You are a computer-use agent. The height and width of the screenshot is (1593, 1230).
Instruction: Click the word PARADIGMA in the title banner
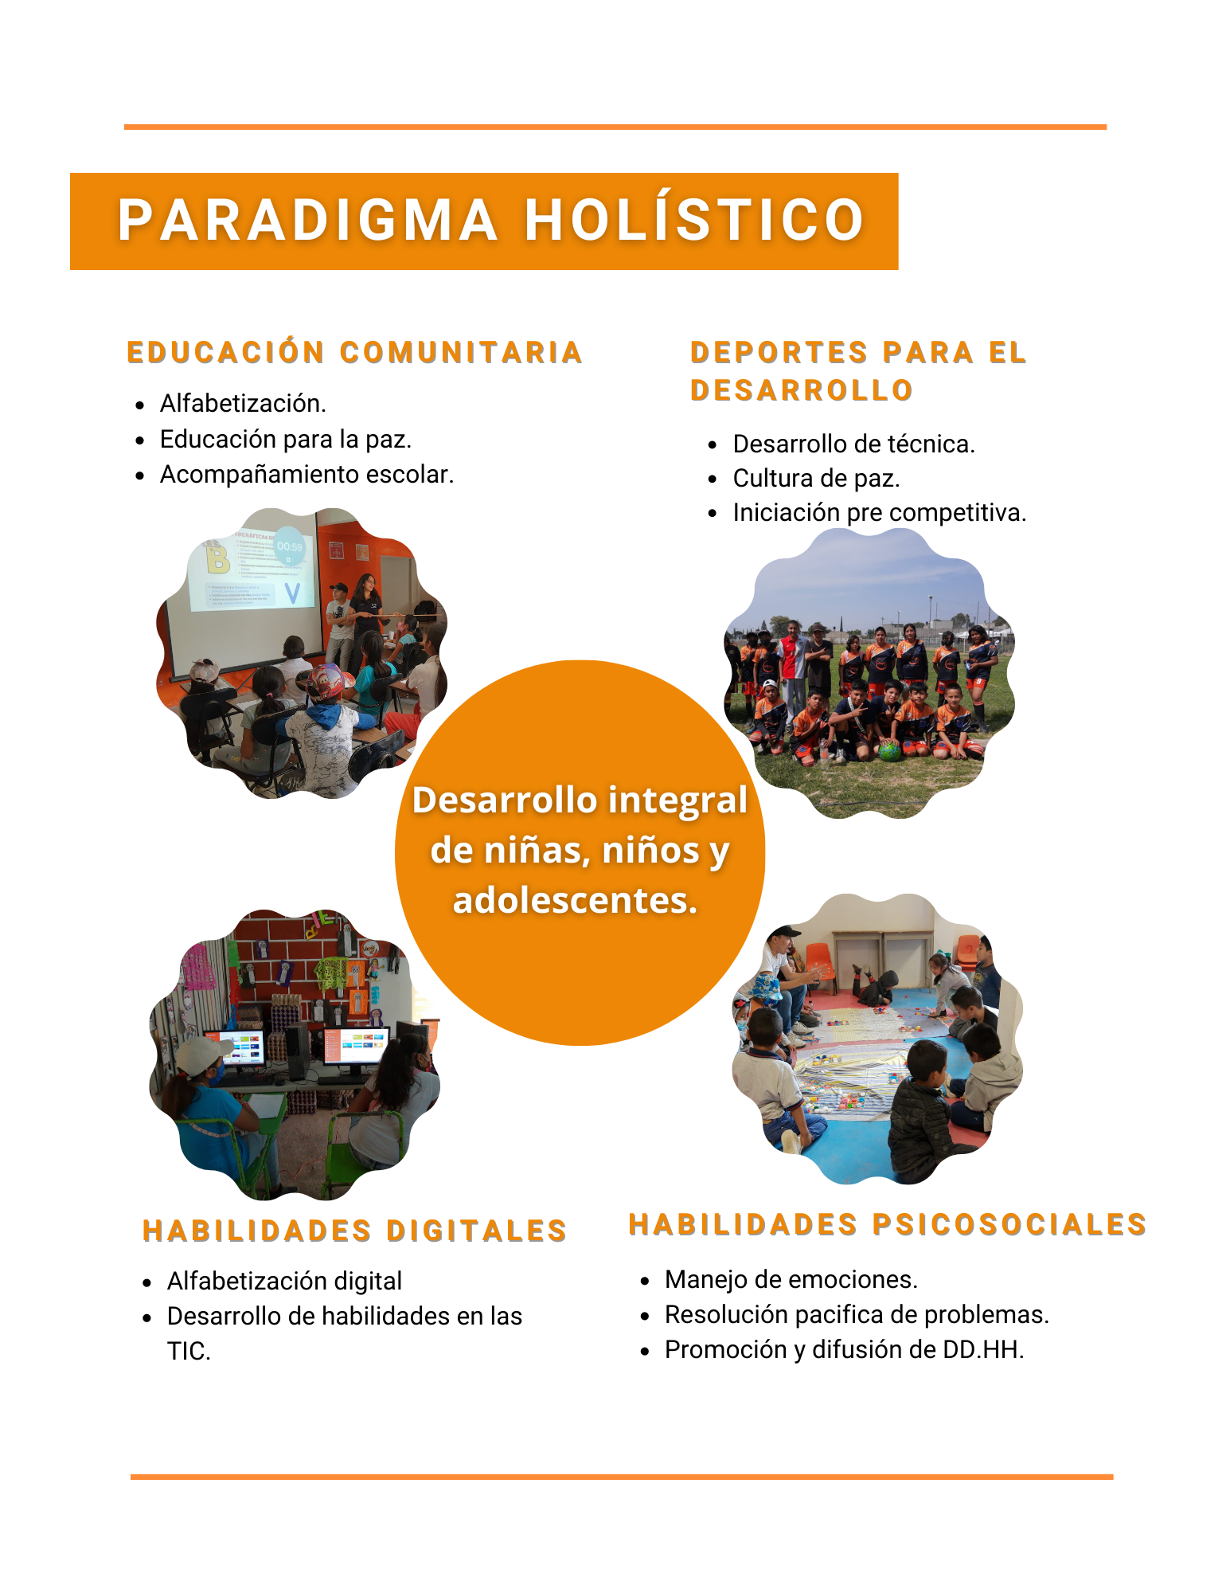(x=307, y=220)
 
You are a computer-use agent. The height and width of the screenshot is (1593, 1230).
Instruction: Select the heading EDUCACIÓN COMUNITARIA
(x=355, y=352)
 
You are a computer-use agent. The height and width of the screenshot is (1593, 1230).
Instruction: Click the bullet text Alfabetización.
(x=243, y=404)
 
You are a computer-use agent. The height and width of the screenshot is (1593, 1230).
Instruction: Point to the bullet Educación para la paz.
(x=286, y=440)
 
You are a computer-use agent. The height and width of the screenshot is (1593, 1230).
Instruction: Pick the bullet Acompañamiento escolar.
(x=307, y=475)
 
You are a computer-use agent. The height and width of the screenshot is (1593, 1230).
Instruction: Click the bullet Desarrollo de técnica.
(x=853, y=444)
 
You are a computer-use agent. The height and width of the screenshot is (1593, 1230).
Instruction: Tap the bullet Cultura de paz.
(x=816, y=479)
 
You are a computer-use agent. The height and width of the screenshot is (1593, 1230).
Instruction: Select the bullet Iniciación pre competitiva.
(x=879, y=513)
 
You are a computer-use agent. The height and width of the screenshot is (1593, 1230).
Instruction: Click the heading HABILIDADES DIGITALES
(x=354, y=1231)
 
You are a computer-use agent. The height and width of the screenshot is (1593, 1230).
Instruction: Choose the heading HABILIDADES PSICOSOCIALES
(x=888, y=1224)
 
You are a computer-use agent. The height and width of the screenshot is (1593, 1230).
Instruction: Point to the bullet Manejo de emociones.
(x=791, y=1279)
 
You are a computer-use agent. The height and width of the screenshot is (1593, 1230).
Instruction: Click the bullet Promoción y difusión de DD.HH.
(x=844, y=1349)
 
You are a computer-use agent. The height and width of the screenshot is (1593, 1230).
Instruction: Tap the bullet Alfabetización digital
(x=284, y=1281)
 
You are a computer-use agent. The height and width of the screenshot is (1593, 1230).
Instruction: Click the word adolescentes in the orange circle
(x=575, y=900)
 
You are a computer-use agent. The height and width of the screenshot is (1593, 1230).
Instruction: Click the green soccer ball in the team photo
(x=889, y=750)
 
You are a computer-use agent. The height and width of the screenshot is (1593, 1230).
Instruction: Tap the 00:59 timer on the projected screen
(x=289, y=547)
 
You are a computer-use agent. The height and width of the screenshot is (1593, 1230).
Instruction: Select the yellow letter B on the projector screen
(x=217, y=558)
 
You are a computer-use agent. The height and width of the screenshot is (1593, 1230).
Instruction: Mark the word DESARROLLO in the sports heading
(x=801, y=390)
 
